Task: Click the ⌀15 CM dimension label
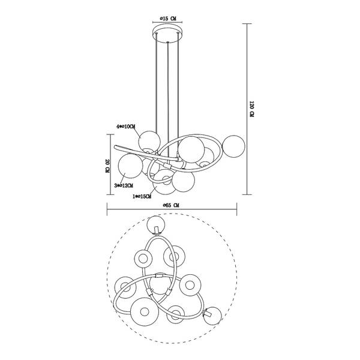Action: tap(167, 19)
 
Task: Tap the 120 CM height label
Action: tap(252, 109)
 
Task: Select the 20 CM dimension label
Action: tap(107, 166)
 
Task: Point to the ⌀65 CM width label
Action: tap(171, 205)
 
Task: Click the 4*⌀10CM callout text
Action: tap(126, 127)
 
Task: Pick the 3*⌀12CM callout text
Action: tap(124, 185)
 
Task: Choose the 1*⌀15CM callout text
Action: tap(142, 196)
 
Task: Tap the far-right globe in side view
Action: tap(234, 146)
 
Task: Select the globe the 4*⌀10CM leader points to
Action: tap(149, 141)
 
